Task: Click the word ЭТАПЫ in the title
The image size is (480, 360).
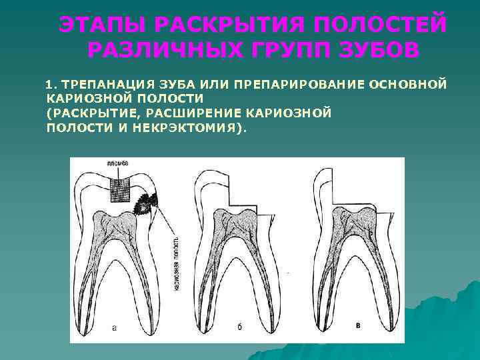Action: [x=100, y=25]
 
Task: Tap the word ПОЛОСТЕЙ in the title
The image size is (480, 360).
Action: [x=379, y=25]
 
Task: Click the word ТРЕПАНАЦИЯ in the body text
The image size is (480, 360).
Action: [x=107, y=84]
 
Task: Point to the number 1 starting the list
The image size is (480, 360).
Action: [x=47, y=84]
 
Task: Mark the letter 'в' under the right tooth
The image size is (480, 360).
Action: [x=359, y=325]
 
